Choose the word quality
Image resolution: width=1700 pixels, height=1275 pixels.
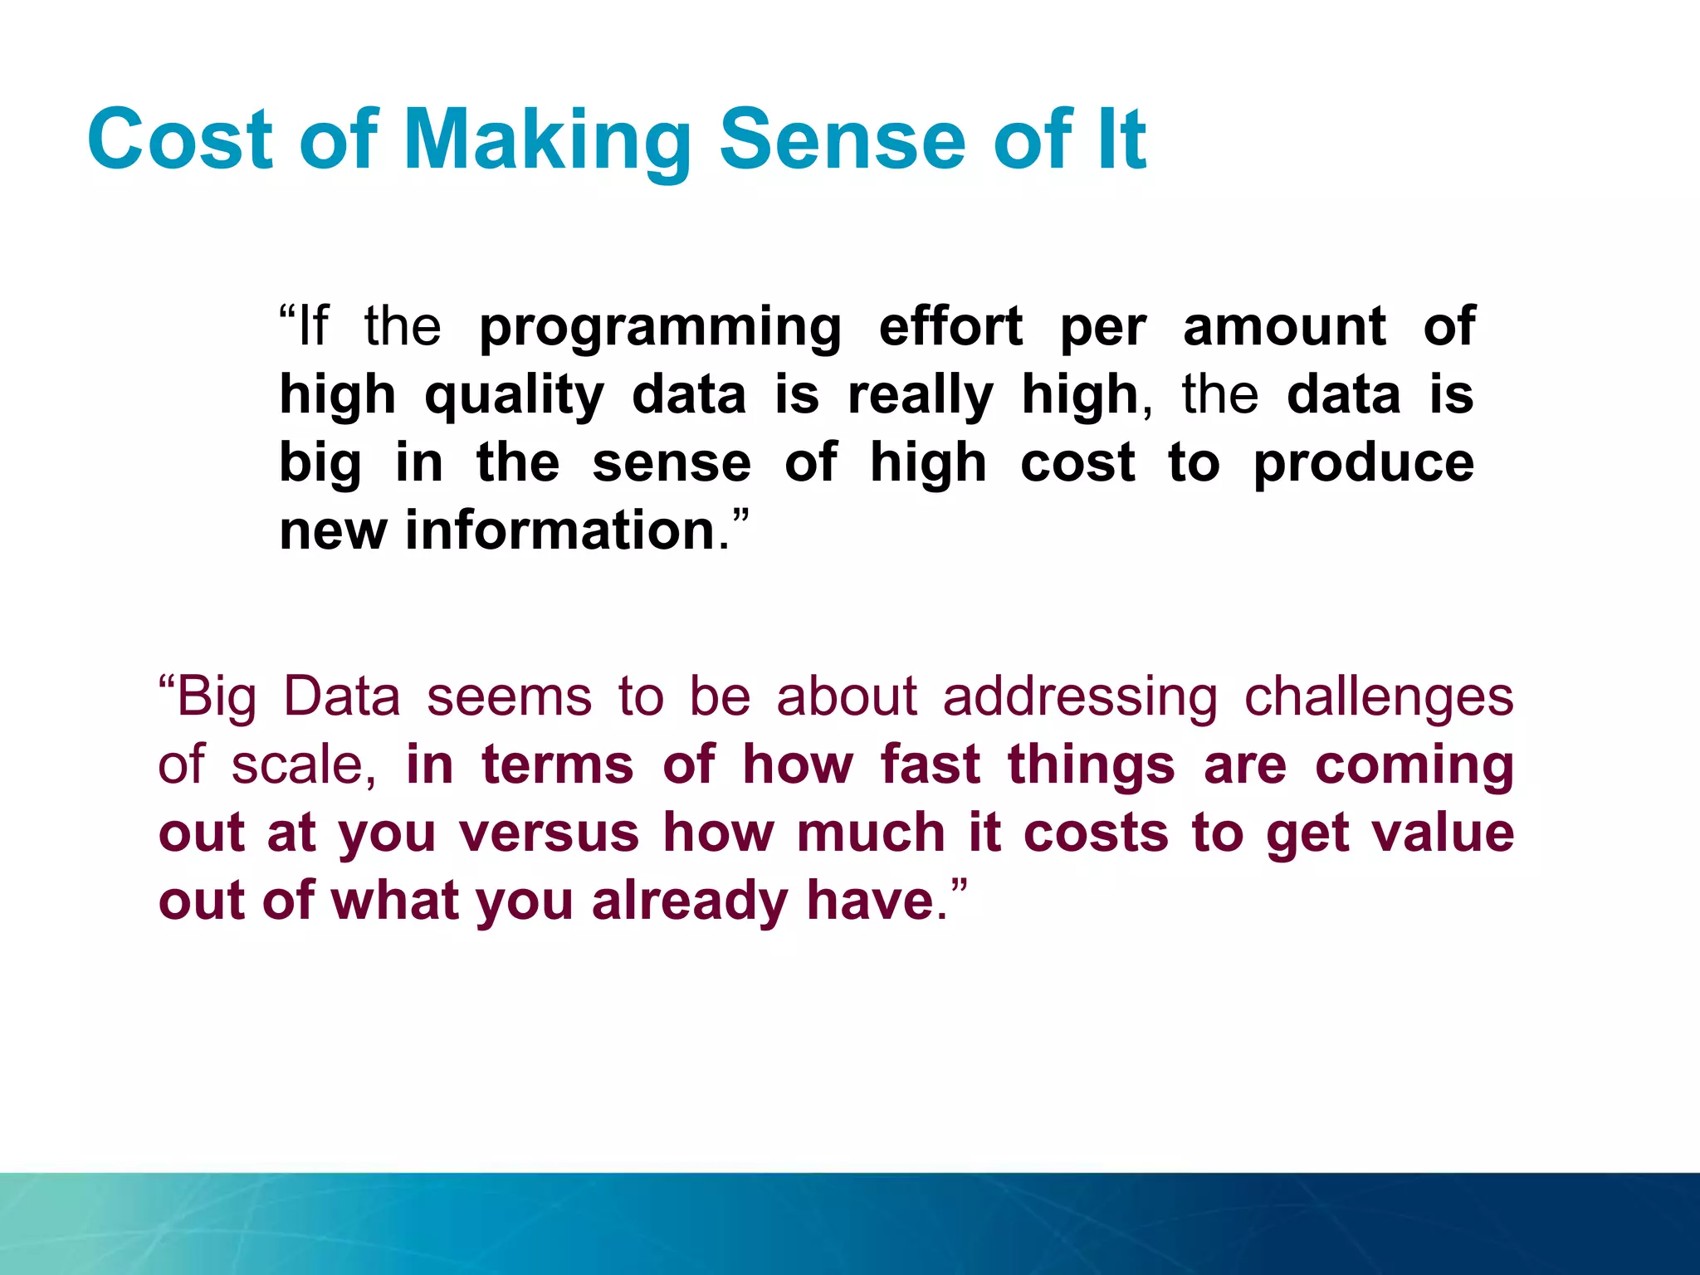[514, 397]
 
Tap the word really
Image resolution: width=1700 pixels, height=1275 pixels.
[920, 397]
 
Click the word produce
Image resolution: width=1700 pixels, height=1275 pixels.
[1363, 465]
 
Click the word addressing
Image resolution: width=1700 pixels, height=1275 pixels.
[1080, 697]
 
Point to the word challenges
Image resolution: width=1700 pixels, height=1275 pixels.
[1379, 697]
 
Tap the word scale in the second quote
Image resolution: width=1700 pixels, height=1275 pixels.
[297, 765]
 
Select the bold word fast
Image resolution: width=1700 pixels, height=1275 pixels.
[930, 765]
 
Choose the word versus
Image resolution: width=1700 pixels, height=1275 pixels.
[549, 833]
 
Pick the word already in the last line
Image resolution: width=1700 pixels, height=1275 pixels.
[689, 902]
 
